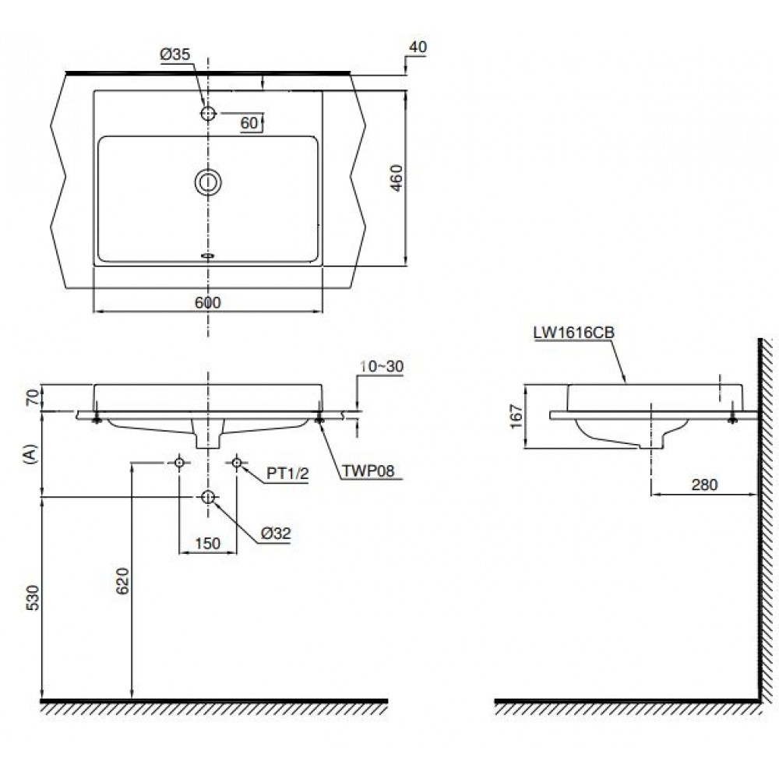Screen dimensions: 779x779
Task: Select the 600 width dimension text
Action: tap(208, 303)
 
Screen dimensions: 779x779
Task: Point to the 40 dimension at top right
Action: tap(418, 47)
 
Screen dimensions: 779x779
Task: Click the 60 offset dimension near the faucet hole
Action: tap(249, 122)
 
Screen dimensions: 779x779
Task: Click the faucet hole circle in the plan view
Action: tap(208, 113)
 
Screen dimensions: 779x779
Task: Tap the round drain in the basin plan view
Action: tap(208, 182)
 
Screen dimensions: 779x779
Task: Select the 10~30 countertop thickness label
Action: tap(382, 365)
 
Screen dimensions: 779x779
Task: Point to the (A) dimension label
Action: tap(30, 454)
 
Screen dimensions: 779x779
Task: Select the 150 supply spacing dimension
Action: tap(207, 543)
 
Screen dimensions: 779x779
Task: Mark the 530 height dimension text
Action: tap(31, 598)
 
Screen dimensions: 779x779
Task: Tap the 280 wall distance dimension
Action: tap(704, 484)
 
